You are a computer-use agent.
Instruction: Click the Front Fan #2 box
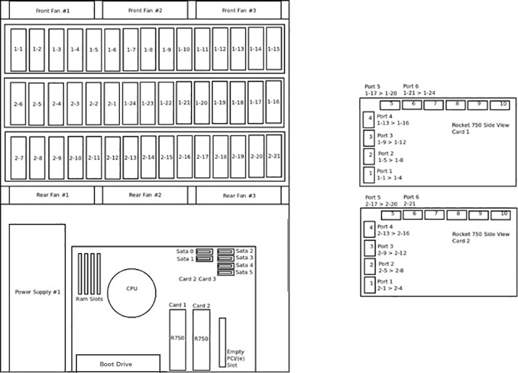tap(145, 10)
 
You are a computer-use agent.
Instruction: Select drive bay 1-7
tap(131, 50)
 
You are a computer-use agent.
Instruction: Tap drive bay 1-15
tap(274, 49)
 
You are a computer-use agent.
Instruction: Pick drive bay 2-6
tap(18, 104)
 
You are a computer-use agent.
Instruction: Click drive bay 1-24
tap(130, 103)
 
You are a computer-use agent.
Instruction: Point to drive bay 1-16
tap(273, 102)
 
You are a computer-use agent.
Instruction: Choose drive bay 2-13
tap(131, 158)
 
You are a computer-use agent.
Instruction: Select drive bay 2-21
tap(274, 156)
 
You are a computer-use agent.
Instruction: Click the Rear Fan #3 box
tap(238, 195)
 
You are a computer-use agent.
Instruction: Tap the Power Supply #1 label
tap(38, 292)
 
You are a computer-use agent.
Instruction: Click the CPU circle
tap(131, 293)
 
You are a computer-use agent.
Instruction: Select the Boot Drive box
tap(118, 364)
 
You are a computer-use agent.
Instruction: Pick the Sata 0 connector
tap(205, 252)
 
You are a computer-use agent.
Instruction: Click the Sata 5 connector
tap(226, 272)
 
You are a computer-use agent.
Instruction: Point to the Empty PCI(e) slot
tap(222, 343)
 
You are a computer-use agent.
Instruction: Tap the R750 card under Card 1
tap(177, 340)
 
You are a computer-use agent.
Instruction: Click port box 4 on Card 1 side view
tap(368, 119)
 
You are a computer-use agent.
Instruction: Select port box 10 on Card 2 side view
tap(501, 215)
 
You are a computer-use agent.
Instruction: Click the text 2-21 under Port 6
tap(410, 204)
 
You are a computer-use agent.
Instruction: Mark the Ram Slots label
tap(89, 299)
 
